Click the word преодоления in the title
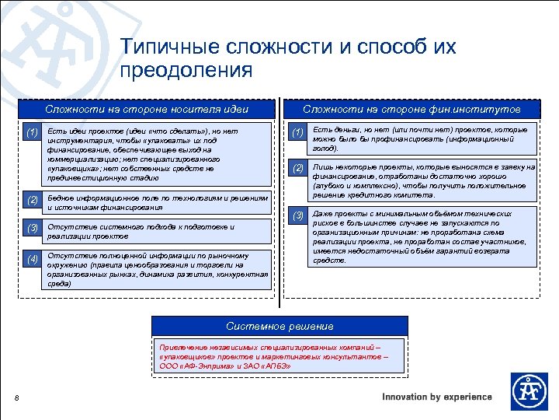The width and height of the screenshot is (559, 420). pyautogui.click(x=187, y=71)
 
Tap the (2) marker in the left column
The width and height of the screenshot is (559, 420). pyautogui.click(x=31, y=201)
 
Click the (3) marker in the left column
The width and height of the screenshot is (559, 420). pyautogui.click(x=31, y=229)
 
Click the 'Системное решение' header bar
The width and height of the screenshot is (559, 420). pyautogui.click(x=279, y=326)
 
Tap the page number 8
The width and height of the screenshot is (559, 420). pyautogui.click(x=17, y=399)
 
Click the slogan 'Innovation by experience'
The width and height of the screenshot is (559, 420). pyautogui.click(x=437, y=397)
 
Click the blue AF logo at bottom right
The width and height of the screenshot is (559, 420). pyautogui.click(x=529, y=391)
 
